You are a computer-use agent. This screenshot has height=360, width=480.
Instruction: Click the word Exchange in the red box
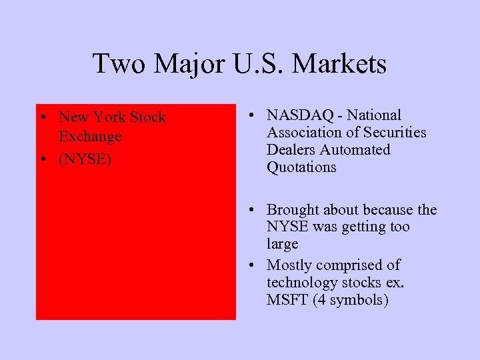(90, 137)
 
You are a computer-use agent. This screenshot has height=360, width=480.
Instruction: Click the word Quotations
(301, 167)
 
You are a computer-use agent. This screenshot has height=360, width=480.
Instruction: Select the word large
(283, 245)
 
